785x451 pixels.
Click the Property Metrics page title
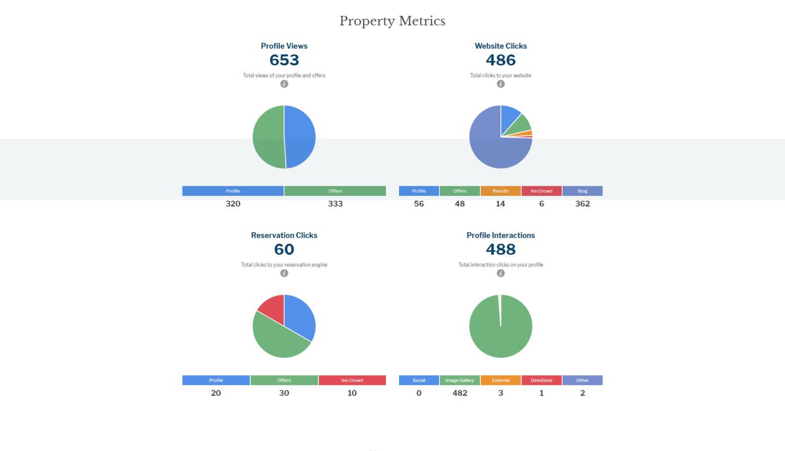(392, 21)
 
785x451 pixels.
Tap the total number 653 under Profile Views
(284, 60)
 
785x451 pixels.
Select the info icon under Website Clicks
(500, 84)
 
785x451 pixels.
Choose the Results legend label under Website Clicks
(500, 191)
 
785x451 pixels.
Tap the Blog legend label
(582, 191)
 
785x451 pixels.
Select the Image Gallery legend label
(460, 380)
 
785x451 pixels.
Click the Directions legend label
(541, 380)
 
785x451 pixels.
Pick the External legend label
(500, 380)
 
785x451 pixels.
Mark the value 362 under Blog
(582, 204)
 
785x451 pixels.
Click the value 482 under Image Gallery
(460, 393)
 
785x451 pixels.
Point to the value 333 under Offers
(335, 204)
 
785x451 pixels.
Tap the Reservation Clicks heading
(284, 236)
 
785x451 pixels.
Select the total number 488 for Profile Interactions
(500, 249)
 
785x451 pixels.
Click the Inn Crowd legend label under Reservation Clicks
(352, 380)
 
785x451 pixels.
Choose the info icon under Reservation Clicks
(284, 273)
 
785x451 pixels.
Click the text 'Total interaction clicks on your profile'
(500, 264)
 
